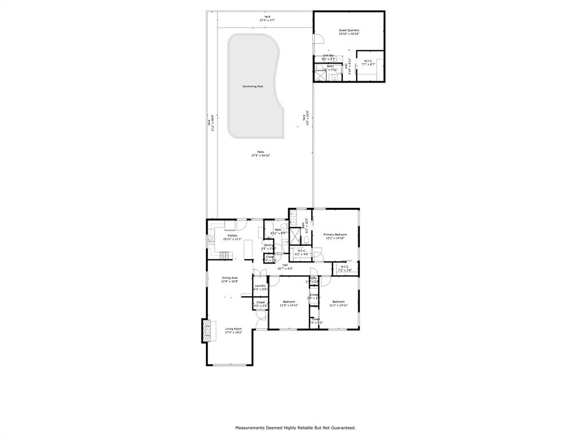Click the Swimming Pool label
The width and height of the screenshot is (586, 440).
click(252, 87)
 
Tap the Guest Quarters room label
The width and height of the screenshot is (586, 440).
click(349, 30)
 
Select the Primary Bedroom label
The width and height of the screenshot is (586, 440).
click(335, 234)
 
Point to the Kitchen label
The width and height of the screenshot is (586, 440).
click(232, 235)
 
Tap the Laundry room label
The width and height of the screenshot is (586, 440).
click(260, 286)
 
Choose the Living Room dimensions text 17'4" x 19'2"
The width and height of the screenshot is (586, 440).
click(233, 332)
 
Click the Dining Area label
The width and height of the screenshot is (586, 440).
click(229, 278)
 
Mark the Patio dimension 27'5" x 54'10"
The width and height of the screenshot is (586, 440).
click(260, 156)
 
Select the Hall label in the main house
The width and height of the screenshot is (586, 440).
click(285, 265)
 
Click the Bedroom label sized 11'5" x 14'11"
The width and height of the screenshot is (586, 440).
click(289, 302)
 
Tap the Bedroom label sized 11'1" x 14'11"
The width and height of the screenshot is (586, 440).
click(338, 302)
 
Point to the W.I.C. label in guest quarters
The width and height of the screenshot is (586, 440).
click(368, 61)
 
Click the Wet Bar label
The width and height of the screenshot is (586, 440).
click(328, 56)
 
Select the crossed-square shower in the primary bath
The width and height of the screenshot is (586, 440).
click(294, 236)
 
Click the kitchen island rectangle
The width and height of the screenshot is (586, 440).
click(248, 250)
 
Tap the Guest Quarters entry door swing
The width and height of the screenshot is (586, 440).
click(320, 38)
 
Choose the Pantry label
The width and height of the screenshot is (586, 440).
click(268, 245)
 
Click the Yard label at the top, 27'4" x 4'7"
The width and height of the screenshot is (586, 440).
click(267, 17)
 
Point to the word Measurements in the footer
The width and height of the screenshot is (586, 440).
click(252, 427)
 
